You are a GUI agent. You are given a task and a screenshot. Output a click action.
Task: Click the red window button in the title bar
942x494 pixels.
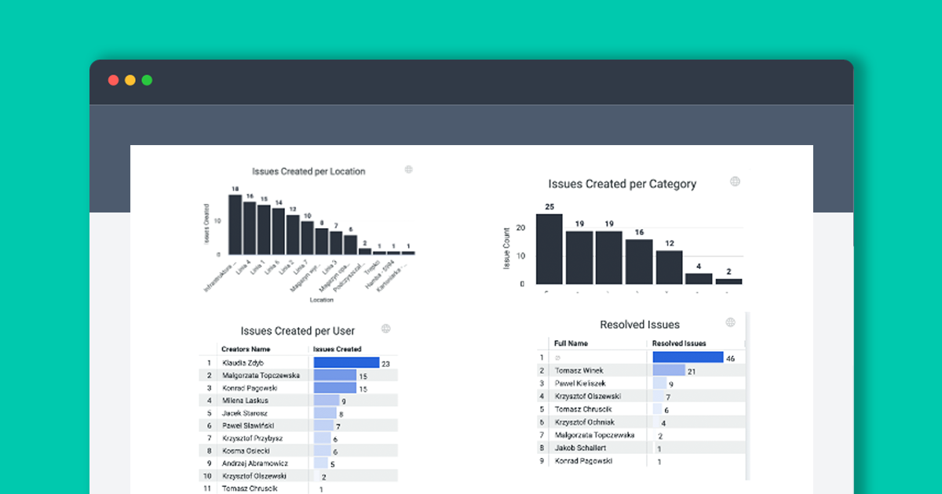pos(113,80)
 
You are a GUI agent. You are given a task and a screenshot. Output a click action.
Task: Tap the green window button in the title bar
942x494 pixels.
pos(147,80)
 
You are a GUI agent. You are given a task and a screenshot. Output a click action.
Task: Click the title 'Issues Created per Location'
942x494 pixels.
pos(309,171)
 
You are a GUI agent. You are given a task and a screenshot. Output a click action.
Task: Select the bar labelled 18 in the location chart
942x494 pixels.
pos(235,224)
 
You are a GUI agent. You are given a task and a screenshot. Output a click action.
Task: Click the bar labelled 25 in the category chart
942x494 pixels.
pos(549,249)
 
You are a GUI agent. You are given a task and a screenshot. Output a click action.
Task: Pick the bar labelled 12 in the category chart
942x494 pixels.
pos(669,267)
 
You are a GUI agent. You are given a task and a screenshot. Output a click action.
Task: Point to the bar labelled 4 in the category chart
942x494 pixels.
pos(699,278)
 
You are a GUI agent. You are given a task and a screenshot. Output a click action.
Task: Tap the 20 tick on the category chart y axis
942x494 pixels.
pos(520,228)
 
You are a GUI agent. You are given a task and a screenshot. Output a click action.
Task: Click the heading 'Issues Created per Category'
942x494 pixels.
pos(623,184)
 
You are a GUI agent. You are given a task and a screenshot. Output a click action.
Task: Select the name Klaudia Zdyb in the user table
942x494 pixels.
pos(243,363)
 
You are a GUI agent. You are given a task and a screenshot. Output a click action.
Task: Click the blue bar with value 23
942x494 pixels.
pos(346,363)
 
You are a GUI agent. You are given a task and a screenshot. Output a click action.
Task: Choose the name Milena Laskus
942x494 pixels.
pos(245,401)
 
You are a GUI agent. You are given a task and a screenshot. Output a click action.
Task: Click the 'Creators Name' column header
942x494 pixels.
pos(246,349)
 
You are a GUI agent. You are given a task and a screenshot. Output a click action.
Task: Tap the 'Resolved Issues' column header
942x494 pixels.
pos(679,343)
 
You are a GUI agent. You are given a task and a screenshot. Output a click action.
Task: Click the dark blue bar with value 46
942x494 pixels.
pos(688,357)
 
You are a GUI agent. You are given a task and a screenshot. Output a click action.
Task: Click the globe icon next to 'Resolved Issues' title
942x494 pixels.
pos(730,322)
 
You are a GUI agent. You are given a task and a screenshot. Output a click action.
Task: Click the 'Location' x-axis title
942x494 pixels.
pos(321,300)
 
